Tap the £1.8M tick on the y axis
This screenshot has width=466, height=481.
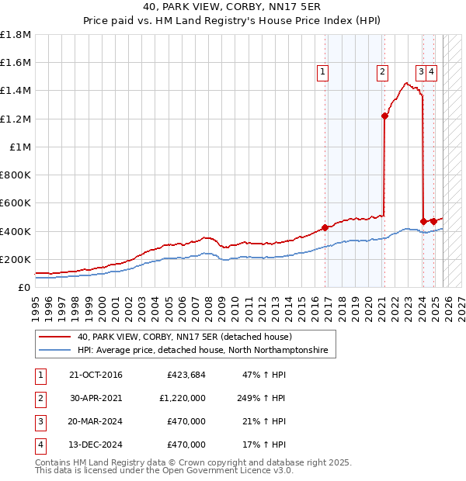coord(16,35)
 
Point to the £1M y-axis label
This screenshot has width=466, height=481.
coord(20,147)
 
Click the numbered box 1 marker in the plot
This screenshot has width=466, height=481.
coord(322,72)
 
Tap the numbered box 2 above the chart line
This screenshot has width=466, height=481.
coord(383,72)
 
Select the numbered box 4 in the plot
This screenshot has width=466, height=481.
coord(431,72)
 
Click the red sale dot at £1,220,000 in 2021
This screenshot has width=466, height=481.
coord(384,116)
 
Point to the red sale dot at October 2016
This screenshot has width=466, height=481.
coord(325,227)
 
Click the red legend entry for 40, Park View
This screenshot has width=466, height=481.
coord(184,337)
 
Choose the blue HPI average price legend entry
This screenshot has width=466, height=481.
coord(202,351)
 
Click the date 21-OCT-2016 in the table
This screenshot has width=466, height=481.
coord(96,375)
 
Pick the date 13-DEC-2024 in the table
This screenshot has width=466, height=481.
coord(96,445)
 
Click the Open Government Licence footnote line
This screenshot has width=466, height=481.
coord(165,470)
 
